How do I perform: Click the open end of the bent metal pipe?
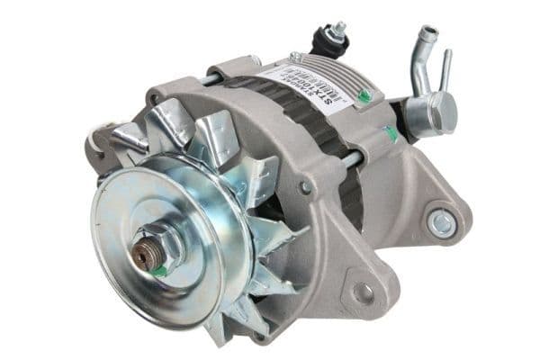[432, 33]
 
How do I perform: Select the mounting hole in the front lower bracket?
[363, 292]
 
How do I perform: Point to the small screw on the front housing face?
[306, 187]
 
